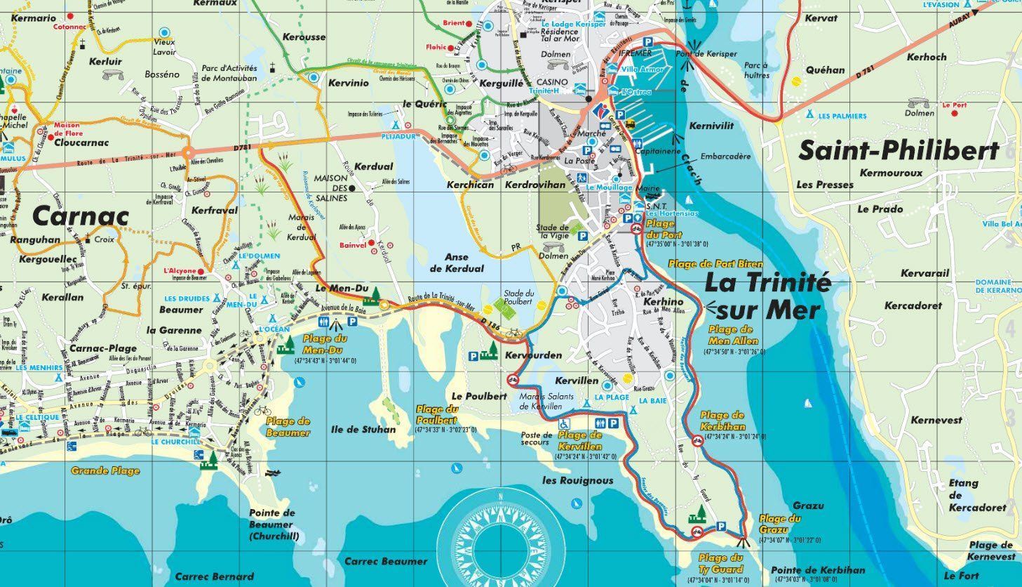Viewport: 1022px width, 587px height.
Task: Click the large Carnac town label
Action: coord(81,215)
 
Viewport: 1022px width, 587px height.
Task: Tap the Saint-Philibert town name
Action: coord(899,151)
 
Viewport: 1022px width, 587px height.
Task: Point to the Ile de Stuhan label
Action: coord(363,429)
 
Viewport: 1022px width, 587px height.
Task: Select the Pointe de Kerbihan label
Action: coord(817,570)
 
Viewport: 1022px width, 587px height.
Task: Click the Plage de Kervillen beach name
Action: coord(580,441)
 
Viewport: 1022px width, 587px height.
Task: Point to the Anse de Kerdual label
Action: coord(457,263)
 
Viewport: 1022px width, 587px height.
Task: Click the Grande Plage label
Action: coord(105,470)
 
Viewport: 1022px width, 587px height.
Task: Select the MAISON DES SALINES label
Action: coord(330,188)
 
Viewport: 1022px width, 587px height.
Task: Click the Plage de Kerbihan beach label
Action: coord(722,421)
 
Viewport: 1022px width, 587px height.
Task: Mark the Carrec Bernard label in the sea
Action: coord(214,576)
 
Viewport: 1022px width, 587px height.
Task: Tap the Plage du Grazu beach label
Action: coord(779,524)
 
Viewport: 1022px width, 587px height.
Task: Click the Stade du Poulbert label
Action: coord(519,297)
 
